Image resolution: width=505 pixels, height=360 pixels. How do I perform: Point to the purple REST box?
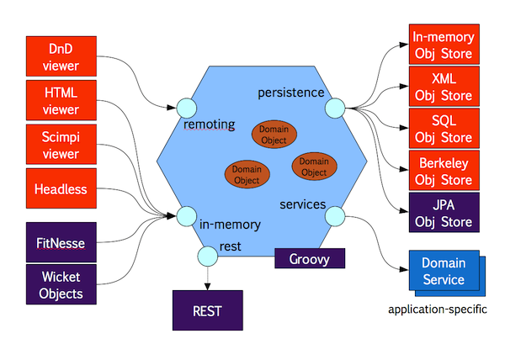[207, 311]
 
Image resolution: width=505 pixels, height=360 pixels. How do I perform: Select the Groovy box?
[310, 258]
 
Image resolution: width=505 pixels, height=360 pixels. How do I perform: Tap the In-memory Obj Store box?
[444, 45]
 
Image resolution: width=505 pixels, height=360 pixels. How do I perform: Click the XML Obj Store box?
[444, 87]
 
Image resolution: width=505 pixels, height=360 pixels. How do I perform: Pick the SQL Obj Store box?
[444, 128]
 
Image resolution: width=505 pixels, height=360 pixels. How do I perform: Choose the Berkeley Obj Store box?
[444, 171]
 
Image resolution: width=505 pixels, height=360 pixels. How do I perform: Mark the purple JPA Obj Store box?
[444, 213]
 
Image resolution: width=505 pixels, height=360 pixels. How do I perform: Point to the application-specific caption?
[438, 310]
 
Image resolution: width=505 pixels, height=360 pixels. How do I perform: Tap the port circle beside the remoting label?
[186, 108]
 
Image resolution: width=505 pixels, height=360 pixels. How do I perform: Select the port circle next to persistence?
[335, 108]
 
